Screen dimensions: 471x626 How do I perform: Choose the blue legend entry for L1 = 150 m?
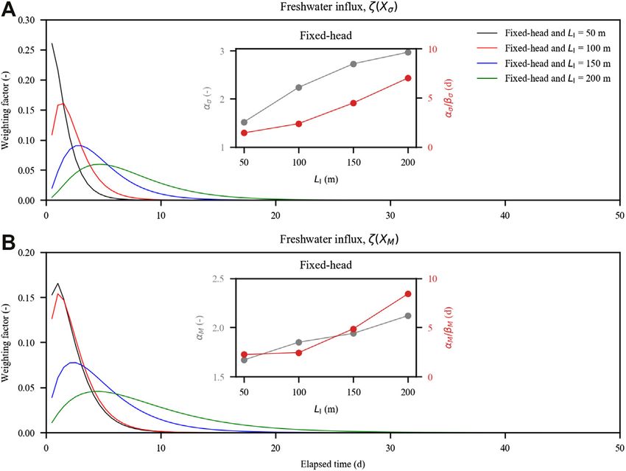pyautogui.click(x=544, y=64)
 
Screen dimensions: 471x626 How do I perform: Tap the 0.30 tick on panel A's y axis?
pyautogui.click(x=29, y=19)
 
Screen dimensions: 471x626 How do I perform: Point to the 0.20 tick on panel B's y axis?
pyautogui.click(x=29, y=251)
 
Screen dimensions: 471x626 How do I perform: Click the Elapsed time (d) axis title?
pyautogui.click(x=331, y=464)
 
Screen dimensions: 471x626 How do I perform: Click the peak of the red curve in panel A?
pyautogui.click(x=62, y=104)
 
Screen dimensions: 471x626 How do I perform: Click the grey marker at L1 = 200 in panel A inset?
pyautogui.click(x=407, y=52)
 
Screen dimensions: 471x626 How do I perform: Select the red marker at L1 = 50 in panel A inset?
pyautogui.click(x=244, y=133)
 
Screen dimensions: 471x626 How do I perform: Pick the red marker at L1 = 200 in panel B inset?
pyautogui.click(x=407, y=294)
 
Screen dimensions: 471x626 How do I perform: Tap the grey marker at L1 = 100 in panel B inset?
pyautogui.click(x=298, y=342)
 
